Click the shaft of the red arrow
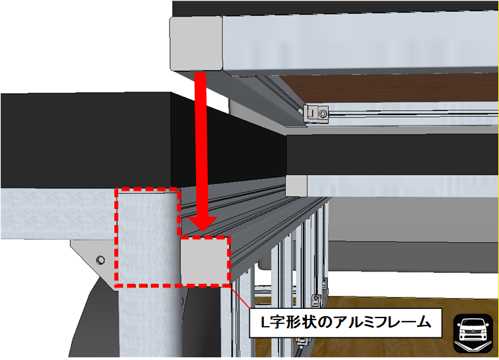[201, 145]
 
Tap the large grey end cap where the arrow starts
[196, 43]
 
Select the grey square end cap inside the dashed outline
[205, 260]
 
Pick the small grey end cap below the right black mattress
[296, 185]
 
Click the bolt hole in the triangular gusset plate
[101, 260]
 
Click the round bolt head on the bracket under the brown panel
[323, 114]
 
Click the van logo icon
[473, 333]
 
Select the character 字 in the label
[277, 323]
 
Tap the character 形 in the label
[293, 323]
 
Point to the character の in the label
[324, 323]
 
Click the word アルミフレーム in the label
[382, 323]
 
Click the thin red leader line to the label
[240, 297]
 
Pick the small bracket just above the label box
[316, 300]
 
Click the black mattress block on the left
[86, 140]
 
